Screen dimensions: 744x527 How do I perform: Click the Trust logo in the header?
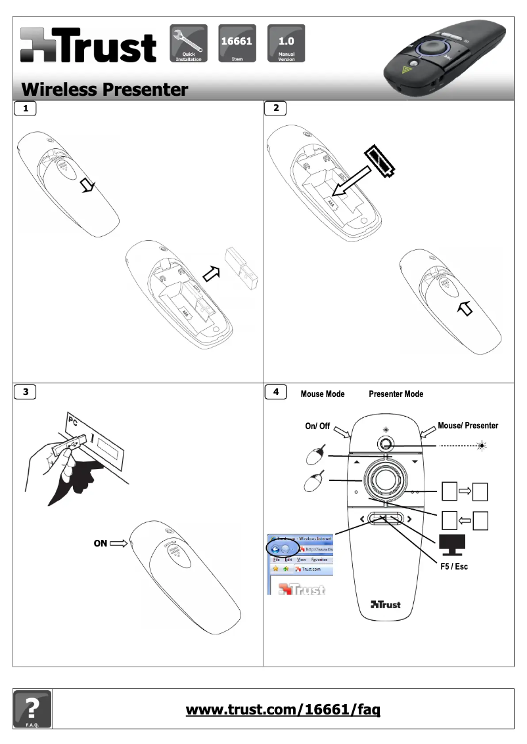click(x=88, y=46)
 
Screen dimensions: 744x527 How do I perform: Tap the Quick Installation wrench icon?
click(x=189, y=43)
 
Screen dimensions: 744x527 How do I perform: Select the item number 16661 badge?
click(x=237, y=43)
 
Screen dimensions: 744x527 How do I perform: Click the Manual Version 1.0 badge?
click(x=286, y=43)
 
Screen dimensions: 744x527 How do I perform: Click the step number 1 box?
click(x=25, y=109)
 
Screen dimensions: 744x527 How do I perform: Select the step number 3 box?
click(x=25, y=392)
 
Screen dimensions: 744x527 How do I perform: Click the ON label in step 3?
click(x=100, y=543)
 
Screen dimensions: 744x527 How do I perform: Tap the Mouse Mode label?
click(x=322, y=394)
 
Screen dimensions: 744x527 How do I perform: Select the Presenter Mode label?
click(x=396, y=394)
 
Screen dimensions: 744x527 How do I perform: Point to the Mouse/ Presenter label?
click(x=467, y=426)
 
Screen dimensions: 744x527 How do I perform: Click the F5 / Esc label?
click(x=453, y=566)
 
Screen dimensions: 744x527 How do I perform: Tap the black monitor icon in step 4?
click(x=451, y=543)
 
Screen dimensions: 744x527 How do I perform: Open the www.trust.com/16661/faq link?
click(x=283, y=709)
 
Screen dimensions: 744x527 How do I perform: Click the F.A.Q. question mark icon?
click(x=32, y=709)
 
